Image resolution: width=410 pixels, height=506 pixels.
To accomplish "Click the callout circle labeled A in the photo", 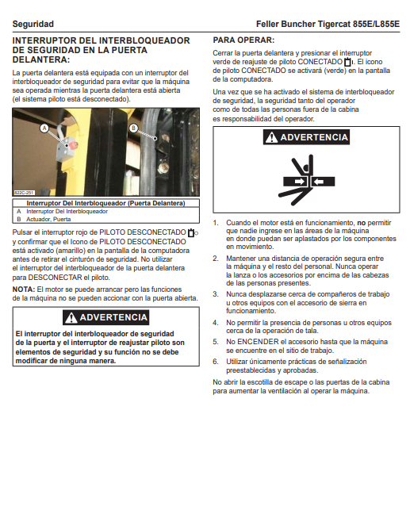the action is click(44, 128).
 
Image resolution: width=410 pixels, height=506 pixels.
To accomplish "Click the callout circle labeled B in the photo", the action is click(133, 128).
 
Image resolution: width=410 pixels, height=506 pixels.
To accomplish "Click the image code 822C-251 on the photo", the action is click(25, 193).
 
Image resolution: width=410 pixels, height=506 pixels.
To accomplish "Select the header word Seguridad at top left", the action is click(33, 24).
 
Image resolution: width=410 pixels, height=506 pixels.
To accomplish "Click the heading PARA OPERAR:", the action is click(243, 40).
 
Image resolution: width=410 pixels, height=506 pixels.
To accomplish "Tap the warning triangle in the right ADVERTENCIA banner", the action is click(271, 137).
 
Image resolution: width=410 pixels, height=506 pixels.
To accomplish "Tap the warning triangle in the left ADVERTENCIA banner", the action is click(71, 318).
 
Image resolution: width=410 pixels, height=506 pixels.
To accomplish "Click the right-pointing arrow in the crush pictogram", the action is click(299, 182).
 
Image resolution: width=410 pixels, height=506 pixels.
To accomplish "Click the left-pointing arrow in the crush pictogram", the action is click(319, 182).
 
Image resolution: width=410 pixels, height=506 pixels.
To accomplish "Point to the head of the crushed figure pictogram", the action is click(306, 168).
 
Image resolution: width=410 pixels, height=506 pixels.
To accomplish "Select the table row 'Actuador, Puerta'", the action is click(48, 219).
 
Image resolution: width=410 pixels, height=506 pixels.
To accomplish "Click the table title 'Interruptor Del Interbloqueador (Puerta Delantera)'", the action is click(105, 203).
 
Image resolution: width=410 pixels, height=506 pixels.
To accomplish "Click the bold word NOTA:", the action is click(24, 289).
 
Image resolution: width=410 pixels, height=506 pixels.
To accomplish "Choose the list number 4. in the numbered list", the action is click(216, 323).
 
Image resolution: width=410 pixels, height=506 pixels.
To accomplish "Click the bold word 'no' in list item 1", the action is click(362, 223).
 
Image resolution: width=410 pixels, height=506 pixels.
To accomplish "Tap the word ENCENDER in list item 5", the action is click(258, 342).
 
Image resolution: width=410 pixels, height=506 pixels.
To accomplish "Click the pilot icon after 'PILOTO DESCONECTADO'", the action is click(193, 232).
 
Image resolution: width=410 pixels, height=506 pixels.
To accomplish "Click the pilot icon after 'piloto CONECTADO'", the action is click(349, 62).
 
